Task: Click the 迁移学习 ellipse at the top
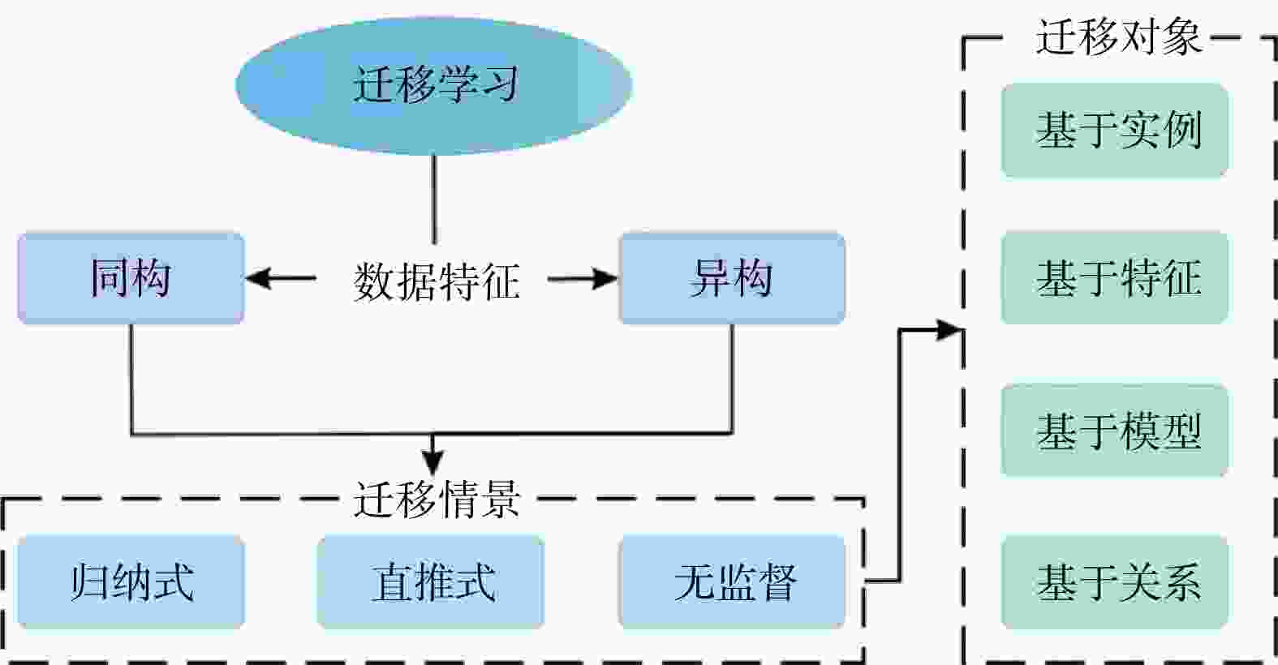coord(434,85)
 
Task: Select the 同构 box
coord(131,278)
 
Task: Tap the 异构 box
coord(731,278)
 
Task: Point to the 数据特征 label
coord(436,281)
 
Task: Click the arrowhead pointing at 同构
coord(258,279)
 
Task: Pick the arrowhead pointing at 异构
coord(605,279)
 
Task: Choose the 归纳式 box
coord(131,581)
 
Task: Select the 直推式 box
coord(430,581)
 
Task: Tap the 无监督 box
coord(731,581)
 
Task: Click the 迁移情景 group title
coord(436,499)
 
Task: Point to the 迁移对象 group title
coord(1117,36)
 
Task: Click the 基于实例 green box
coord(1114,130)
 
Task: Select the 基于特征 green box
coord(1114,277)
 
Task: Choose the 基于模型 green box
coord(1114,431)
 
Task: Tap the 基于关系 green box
coord(1114,581)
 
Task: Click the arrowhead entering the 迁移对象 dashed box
coord(949,330)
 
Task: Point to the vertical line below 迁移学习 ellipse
coord(434,199)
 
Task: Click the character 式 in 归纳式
coord(174,581)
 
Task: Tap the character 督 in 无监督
coord(777,581)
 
